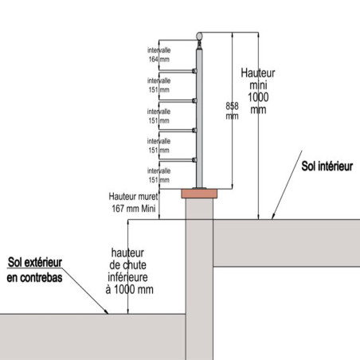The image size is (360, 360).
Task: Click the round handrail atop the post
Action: pyautogui.click(x=199, y=36)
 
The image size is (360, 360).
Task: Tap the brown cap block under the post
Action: pyautogui.click(x=199, y=194)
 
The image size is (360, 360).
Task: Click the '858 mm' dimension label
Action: pyautogui.click(x=232, y=111)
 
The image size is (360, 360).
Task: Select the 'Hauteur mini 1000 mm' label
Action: pyautogui.click(x=258, y=91)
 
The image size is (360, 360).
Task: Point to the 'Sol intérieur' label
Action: pyautogui.click(x=327, y=166)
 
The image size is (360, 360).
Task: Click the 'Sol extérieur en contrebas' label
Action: pyautogui.click(x=34, y=270)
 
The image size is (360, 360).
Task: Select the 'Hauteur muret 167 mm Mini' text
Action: pyautogui.click(x=134, y=202)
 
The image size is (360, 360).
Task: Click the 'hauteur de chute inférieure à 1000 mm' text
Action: pyautogui.click(x=129, y=271)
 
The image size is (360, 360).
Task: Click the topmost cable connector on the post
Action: pyautogui.click(x=194, y=71)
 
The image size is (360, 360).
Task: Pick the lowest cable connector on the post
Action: pyautogui.click(x=194, y=160)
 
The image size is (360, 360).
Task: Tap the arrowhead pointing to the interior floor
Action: pyautogui.click(x=273, y=216)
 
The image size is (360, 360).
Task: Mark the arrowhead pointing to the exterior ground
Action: pyautogui.click(x=106, y=311)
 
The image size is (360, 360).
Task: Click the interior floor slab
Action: pyautogui.click(x=287, y=243)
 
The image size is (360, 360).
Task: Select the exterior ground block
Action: pyautogui.click(x=92, y=337)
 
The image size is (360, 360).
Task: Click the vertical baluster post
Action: pyautogui.click(x=199, y=117)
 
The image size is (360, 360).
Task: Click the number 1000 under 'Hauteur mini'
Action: pyautogui.click(x=258, y=97)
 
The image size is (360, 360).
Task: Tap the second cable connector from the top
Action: pyautogui.click(x=194, y=100)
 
